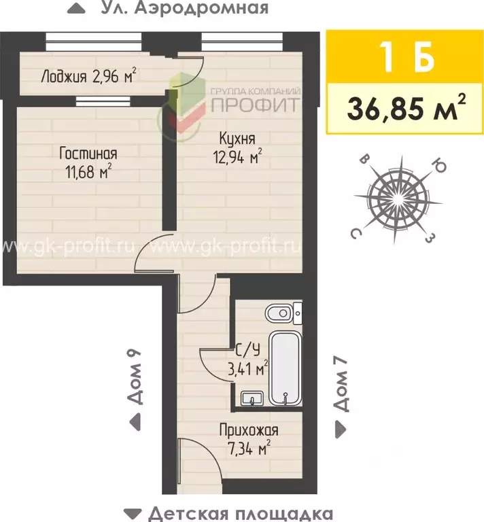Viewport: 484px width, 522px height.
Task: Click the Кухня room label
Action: pos(237,139)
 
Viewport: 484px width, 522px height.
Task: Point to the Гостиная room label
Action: pos(88,153)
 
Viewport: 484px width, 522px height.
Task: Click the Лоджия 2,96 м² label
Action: pos(89,76)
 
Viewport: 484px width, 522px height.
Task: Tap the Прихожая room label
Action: pos(248,430)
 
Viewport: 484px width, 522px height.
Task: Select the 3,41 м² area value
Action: pos(247,370)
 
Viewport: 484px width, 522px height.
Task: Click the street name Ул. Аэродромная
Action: pos(184,8)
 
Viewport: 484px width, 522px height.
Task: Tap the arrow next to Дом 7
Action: pos(340,430)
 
